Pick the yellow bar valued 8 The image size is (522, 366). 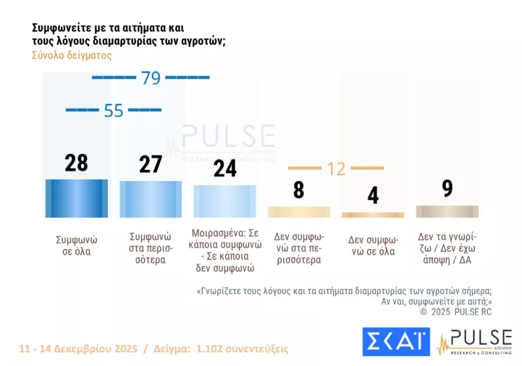coord(299,212)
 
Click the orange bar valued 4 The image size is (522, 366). coord(373,214)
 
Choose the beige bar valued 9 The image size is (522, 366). coord(447,211)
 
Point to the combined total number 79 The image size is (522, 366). coord(150,78)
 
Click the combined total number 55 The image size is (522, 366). coord(113,110)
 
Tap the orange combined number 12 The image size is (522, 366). coord(336,169)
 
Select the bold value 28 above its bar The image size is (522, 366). coord(76,163)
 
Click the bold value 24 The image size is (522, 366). coord(224,168)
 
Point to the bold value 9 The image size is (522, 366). coord(447,188)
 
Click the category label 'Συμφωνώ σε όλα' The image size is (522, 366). coord(73,244)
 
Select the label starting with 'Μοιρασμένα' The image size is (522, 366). coord(225,250)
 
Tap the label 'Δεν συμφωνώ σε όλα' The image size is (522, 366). coord(373,244)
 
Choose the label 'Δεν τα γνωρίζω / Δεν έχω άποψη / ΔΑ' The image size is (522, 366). coord(447,249)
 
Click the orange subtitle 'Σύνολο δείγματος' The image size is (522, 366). coord(72,56)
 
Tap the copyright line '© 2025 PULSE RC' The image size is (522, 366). coord(455,312)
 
